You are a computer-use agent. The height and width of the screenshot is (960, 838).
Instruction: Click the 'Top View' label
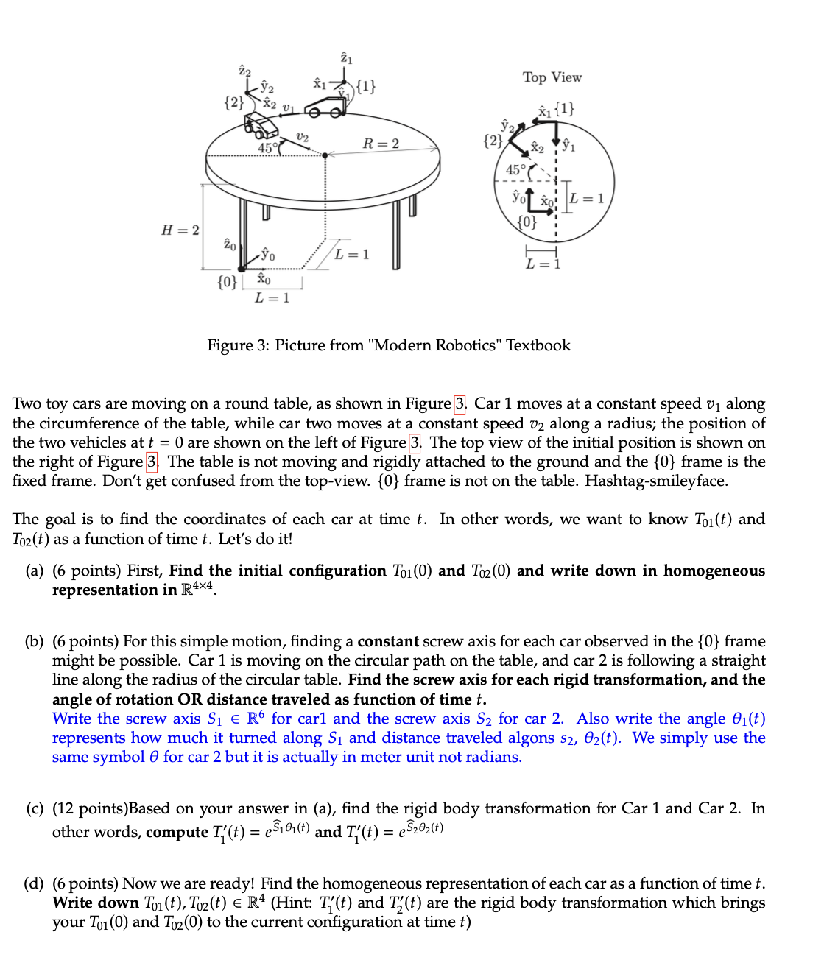coord(552,77)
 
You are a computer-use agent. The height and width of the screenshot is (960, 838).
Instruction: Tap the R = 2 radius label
coord(381,144)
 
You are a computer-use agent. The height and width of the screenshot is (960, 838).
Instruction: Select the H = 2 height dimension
coord(180,230)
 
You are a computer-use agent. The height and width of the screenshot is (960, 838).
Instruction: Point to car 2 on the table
coord(262,128)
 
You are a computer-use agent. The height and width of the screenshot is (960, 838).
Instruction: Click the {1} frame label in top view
coord(564,110)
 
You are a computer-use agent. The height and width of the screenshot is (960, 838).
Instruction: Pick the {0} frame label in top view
coord(527,221)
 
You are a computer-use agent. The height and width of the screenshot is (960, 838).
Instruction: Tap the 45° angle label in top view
coord(516,170)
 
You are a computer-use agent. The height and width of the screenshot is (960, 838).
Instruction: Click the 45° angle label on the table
coord(268,148)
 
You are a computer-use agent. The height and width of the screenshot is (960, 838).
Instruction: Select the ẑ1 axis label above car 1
coord(346,58)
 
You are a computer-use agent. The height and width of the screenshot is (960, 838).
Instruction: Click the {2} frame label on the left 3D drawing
coord(233,102)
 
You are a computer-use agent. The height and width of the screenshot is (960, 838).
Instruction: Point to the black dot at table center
coord(325,155)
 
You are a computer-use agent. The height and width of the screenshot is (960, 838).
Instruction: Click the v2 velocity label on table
coord(302,137)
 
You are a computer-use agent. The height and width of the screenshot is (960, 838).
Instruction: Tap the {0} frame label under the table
coord(228,282)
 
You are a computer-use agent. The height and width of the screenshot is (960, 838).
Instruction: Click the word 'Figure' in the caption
coord(230,345)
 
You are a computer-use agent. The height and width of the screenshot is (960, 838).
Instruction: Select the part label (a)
coord(35,571)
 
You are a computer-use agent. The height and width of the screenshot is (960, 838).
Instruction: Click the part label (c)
coord(35,809)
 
